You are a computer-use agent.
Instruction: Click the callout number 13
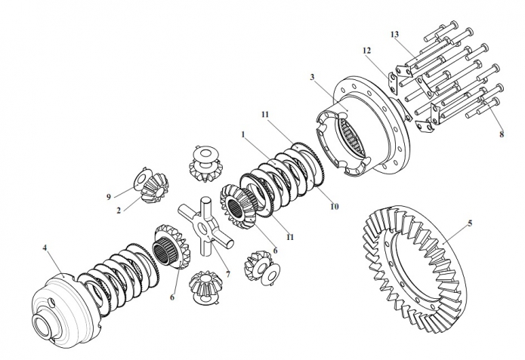tap(394, 34)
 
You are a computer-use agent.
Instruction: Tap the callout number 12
tap(366, 51)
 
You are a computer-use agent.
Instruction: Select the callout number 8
tap(502, 134)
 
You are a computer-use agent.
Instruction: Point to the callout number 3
tap(313, 77)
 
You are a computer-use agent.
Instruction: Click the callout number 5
tap(470, 223)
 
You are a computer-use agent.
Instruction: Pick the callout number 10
tap(335, 207)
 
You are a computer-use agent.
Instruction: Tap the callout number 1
tap(243, 135)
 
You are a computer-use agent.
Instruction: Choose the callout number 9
tap(109, 197)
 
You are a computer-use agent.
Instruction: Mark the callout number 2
tap(119, 211)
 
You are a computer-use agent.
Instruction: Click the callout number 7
tap(228, 275)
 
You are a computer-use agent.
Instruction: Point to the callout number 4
tap(45, 248)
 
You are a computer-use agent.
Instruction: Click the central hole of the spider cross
tap(203, 229)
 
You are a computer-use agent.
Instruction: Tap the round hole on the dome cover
tap(51, 301)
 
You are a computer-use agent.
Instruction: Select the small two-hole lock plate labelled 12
tap(392, 82)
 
